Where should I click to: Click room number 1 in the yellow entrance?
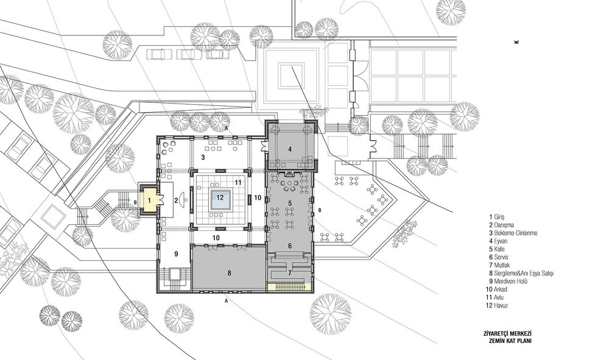pyautogui.click(x=149, y=201)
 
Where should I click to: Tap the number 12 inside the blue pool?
pyautogui.click(x=220, y=197)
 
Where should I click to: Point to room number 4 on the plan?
pyautogui.click(x=290, y=149)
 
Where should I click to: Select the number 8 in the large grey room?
pyautogui.click(x=229, y=273)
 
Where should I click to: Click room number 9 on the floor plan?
pyautogui.click(x=176, y=253)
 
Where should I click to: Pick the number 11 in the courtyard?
pyautogui.click(x=238, y=182)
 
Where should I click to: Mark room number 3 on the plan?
pyautogui.click(x=203, y=157)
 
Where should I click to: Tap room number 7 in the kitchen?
pyautogui.click(x=290, y=273)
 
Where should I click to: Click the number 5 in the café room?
pyautogui.click(x=290, y=203)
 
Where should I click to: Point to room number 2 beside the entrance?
pyautogui.click(x=176, y=201)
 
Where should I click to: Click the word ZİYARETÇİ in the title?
pyautogui.click(x=496, y=334)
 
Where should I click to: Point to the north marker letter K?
pyautogui.click(x=516, y=42)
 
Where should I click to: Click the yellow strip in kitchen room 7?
pyautogui.click(x=289, y=288)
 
